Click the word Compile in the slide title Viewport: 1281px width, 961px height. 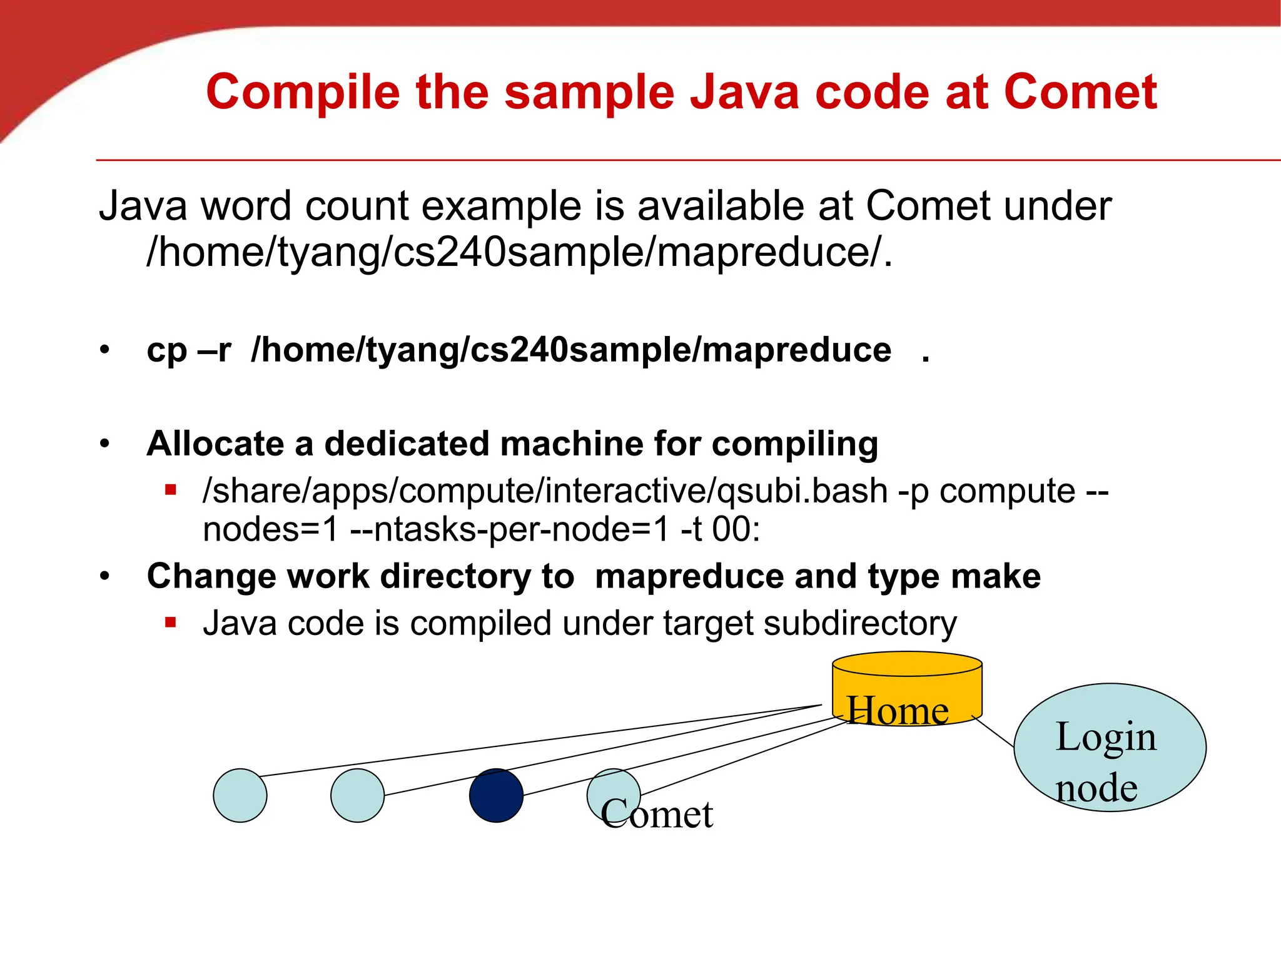pos(303,93)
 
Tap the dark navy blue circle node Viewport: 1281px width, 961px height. pos(496,795)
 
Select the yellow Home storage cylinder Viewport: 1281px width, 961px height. pos(907,688)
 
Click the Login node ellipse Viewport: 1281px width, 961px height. pos(1110,748)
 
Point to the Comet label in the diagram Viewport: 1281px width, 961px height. pos(657,814)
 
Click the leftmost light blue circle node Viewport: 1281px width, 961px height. pos(240,795)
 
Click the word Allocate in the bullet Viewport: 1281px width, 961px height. pos(215,444)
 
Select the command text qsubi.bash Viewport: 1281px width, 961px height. pos(803,491)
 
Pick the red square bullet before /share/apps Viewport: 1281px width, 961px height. pos(171,490)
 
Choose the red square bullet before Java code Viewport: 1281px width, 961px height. pos(171,623)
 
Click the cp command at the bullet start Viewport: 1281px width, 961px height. pos(166,350)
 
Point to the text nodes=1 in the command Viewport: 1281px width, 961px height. pos(270,530)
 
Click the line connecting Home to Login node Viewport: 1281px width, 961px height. pos(995,732)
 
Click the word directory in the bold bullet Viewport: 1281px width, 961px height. pos(455,576)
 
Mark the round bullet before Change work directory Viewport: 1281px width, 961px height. pos(105,576)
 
